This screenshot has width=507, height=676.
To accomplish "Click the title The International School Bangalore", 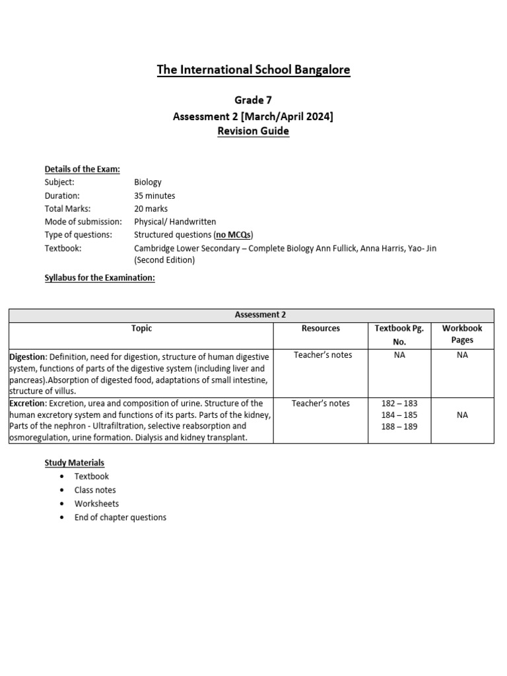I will click(253, 69).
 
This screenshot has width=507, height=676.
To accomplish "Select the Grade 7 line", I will click(253, 100).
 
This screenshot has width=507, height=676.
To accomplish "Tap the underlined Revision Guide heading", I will click(253, 131).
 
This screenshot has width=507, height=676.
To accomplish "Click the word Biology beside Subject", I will click(148, 182).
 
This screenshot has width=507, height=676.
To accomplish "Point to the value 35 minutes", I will click(154, 195).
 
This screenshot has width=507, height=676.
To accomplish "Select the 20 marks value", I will click(152, 209).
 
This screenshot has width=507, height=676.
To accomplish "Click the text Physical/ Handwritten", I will click(175, 222).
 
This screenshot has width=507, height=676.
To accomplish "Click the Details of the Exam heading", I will click(82, 169).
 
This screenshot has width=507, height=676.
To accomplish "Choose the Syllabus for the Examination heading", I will click(100, 278).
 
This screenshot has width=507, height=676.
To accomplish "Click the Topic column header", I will click(141, 328).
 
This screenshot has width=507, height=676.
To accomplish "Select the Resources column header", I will click(321, 328).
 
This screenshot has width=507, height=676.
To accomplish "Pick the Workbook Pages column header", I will click(462, 334).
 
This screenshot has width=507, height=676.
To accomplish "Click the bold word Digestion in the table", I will click(27, 356).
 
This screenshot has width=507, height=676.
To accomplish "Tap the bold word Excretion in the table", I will click(27, 403).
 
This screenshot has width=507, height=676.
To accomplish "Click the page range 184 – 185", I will click(399, 415).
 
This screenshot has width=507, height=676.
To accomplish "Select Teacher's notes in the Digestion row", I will click(323, 355).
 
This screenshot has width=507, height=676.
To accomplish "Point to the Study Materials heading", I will click(75, 463).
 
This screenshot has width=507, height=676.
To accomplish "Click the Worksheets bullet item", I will click(96, 504).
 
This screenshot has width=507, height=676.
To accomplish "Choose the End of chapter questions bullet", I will click(120, 518).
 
